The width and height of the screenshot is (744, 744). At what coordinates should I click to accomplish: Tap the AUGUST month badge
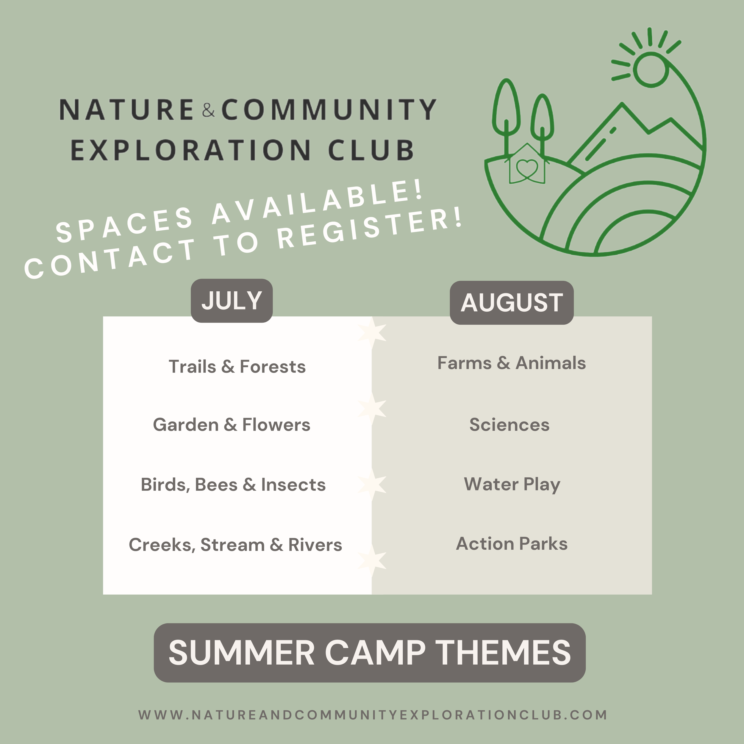[x=511, y=303]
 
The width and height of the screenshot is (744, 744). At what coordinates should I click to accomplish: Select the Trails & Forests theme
[x=237, y=367]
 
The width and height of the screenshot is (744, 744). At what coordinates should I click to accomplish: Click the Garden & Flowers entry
[x=232, y=425]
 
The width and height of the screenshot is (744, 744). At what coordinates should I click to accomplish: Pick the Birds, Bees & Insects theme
[x=233, y=484]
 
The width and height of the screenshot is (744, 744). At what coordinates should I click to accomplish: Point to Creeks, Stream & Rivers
[x=235, y=545]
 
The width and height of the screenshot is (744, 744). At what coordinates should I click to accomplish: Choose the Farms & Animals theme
[x=511, y=363]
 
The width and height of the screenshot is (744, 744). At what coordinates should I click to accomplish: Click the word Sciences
[x=509, y=425]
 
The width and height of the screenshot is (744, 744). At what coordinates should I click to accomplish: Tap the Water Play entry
[x=512, y=484]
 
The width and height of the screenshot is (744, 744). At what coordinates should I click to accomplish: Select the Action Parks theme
[x=511, y=544]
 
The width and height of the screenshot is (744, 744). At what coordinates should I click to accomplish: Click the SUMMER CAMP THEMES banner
[x=369, y=653]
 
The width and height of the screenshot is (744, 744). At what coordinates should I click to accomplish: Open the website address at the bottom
[x=372, y=715]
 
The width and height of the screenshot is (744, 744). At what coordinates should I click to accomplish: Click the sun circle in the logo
[x=651, y=71]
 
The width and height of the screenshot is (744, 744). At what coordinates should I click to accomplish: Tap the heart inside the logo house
[x=527, y=168]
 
